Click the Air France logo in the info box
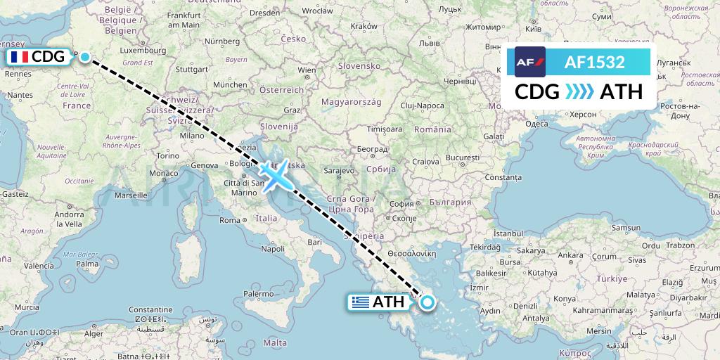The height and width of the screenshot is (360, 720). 529,62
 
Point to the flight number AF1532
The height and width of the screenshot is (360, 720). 595,62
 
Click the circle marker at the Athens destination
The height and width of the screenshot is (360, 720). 427,303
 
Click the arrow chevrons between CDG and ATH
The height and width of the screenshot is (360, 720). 579,92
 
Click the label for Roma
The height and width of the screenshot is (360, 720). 231,220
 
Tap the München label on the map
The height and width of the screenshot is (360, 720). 229,84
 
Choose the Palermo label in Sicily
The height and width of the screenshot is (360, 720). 259,293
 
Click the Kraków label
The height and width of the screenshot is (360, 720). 364,25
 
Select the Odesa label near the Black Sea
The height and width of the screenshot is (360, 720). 536,124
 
